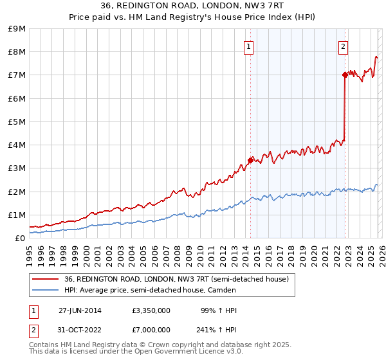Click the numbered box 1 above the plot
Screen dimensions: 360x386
pyautogui.click(x=248, y=46)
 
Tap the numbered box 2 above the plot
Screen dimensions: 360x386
pyautogui.click(x=343, y=46)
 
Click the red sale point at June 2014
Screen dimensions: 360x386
pyautogui.click(x=250, y=160)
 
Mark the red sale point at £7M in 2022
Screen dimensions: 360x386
pyautogui.click(x=345, y=75)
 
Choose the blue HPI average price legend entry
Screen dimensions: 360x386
pyautogui.click(x=150, y=290)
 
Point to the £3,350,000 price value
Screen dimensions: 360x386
pyautogui.click(x=151, y=310)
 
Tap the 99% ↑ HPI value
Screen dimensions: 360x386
pyautogui.click(x=219, y=310)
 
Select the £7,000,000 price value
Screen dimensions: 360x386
pyautogui.click(x=151, y=330)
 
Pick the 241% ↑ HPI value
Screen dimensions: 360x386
pyautogui.click(x=216, y=330)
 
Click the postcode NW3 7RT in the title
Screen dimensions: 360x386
pyautogui.click(x=262, y=5)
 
